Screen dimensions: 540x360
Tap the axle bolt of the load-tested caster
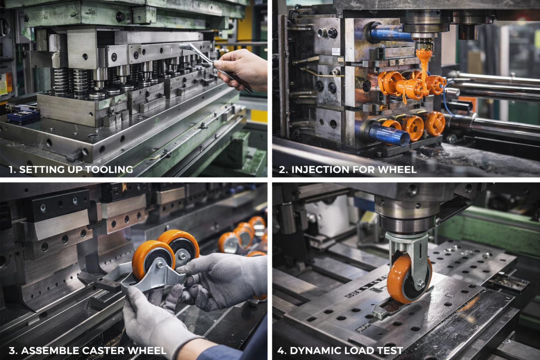(x=422, y=284)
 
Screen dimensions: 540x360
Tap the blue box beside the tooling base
(x=23, y=116)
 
